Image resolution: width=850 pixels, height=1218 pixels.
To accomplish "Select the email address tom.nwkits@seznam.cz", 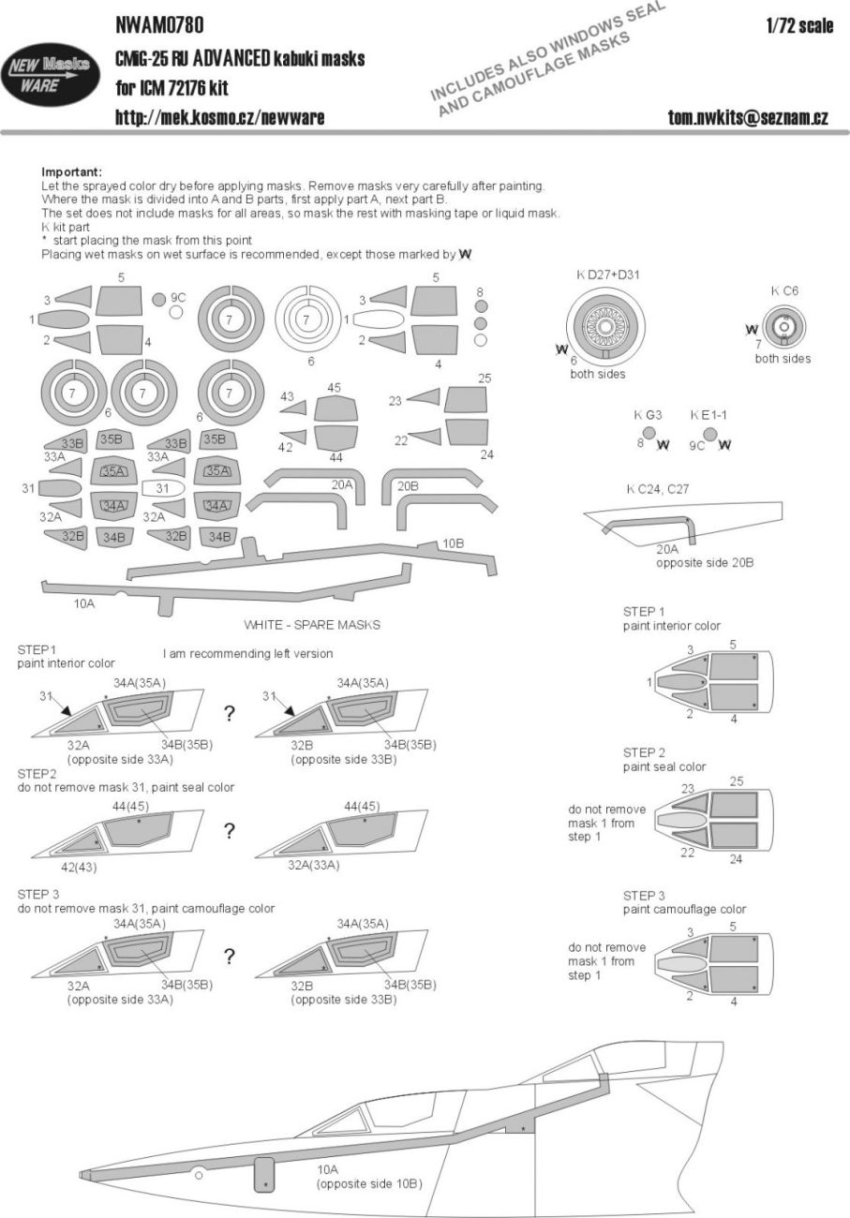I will click(x=747, y=117).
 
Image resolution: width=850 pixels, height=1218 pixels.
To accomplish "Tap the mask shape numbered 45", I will click(x=335, y=409).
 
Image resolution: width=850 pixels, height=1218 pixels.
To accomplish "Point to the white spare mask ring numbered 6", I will click(x=306, y=319).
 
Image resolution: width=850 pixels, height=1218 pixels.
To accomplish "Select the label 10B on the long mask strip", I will click(x=454, y=544).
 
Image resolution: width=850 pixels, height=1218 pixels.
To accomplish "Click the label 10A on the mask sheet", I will click(x=83, y=604).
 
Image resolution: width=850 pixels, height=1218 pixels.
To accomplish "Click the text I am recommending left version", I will click(x=247, y=653).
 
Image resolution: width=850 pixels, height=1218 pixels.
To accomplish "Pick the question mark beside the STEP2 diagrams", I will click(x=228, y=830).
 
